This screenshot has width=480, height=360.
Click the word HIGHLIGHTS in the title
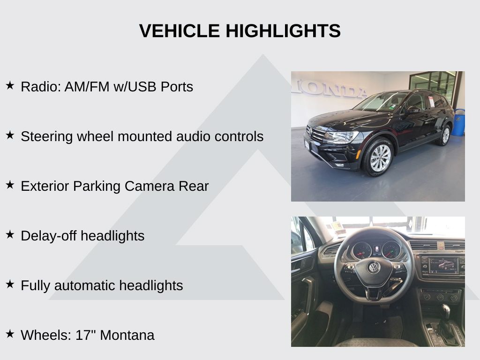(x=283, y=31)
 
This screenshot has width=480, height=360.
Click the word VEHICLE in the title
(x=180, y=31)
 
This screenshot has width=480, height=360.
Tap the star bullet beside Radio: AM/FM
(x=10, y=85)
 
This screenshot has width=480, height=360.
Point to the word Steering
(x=47, y=137)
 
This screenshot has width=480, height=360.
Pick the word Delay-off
(x=49, y=236)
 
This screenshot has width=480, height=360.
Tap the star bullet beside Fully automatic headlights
(x=10, y=284)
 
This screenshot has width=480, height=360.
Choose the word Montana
(x=127, y=335)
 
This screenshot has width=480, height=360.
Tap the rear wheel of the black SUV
(x=445, y=135)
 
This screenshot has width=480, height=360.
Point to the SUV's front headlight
(x=340, y=136)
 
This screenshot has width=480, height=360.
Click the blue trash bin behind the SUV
(x=458, y=122)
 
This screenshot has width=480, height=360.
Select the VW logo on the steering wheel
(x=374, y=267)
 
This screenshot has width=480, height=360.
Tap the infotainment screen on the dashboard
(x=442, y=265)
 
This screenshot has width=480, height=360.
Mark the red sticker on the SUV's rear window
(x=431, y=101)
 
